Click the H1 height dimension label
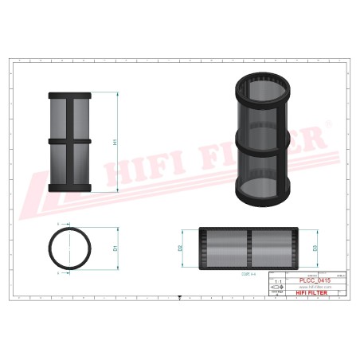tap(116, 142)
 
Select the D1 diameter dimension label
tap(115, 248)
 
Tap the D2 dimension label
tap(182, 249)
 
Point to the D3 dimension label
tap(316, 249)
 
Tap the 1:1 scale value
tap(277, 282)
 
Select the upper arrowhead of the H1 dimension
tap(120, 93)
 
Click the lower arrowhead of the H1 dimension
tap(120, 190)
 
